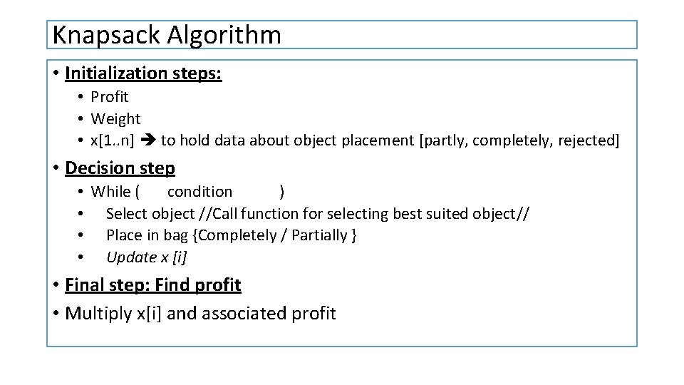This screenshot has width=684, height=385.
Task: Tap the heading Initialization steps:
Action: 143,73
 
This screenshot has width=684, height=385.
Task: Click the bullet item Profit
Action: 109,96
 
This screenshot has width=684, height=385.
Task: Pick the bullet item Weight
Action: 115,118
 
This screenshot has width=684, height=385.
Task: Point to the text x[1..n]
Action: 113,140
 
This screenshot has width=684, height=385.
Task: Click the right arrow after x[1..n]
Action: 147,140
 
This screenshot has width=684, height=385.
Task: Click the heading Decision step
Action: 120,168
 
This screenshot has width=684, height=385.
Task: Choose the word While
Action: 110,191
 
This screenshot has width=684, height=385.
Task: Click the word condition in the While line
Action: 199,191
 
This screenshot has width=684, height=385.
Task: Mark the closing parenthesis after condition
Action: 283,191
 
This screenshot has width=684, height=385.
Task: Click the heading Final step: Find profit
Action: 152,285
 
